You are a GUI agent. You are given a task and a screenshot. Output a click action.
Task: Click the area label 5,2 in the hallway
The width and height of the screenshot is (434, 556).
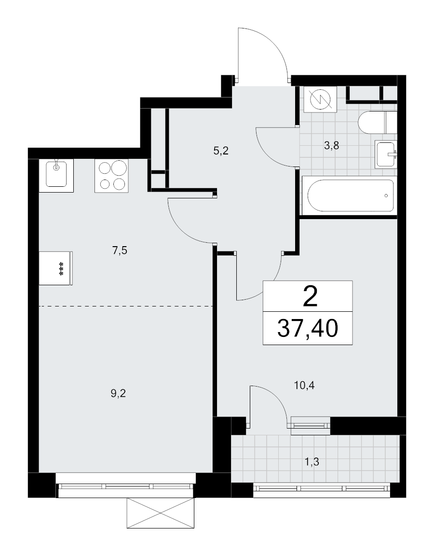[x=221, y=151]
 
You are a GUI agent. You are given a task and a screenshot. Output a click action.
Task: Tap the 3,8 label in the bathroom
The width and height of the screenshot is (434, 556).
[x=332, y=145]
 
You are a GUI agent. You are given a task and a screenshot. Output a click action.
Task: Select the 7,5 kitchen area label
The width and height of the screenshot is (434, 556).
[x=120, y=250]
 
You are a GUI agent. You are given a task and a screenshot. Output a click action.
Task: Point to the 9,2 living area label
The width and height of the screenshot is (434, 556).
[x=118, y=393]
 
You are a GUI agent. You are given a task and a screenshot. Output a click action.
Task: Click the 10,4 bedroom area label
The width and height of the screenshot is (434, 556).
[x=304, y=385]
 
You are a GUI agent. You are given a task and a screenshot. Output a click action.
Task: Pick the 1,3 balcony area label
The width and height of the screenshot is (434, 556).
[x=312, y=462]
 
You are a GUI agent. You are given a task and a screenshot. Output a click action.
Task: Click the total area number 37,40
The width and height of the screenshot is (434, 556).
[x=308, y=328]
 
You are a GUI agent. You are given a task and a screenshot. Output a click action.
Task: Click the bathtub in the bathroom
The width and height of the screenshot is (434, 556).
[x=351, y=196]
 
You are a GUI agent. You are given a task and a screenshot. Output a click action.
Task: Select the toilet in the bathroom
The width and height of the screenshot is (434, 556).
[x=377, y=122]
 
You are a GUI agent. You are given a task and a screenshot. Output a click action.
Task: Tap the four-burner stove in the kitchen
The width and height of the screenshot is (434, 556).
[x=111, y=176]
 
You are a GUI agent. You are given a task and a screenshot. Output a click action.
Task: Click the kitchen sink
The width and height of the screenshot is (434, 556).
[x=56, y=176]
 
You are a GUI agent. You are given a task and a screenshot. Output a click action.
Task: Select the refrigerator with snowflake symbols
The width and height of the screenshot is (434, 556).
[x=56, y=268]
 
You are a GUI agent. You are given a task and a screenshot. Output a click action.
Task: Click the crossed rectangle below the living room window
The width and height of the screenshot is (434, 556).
[x=161, y=513]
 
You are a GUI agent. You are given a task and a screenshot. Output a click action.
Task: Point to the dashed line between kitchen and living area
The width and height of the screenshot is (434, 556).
[x=126, y=306]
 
